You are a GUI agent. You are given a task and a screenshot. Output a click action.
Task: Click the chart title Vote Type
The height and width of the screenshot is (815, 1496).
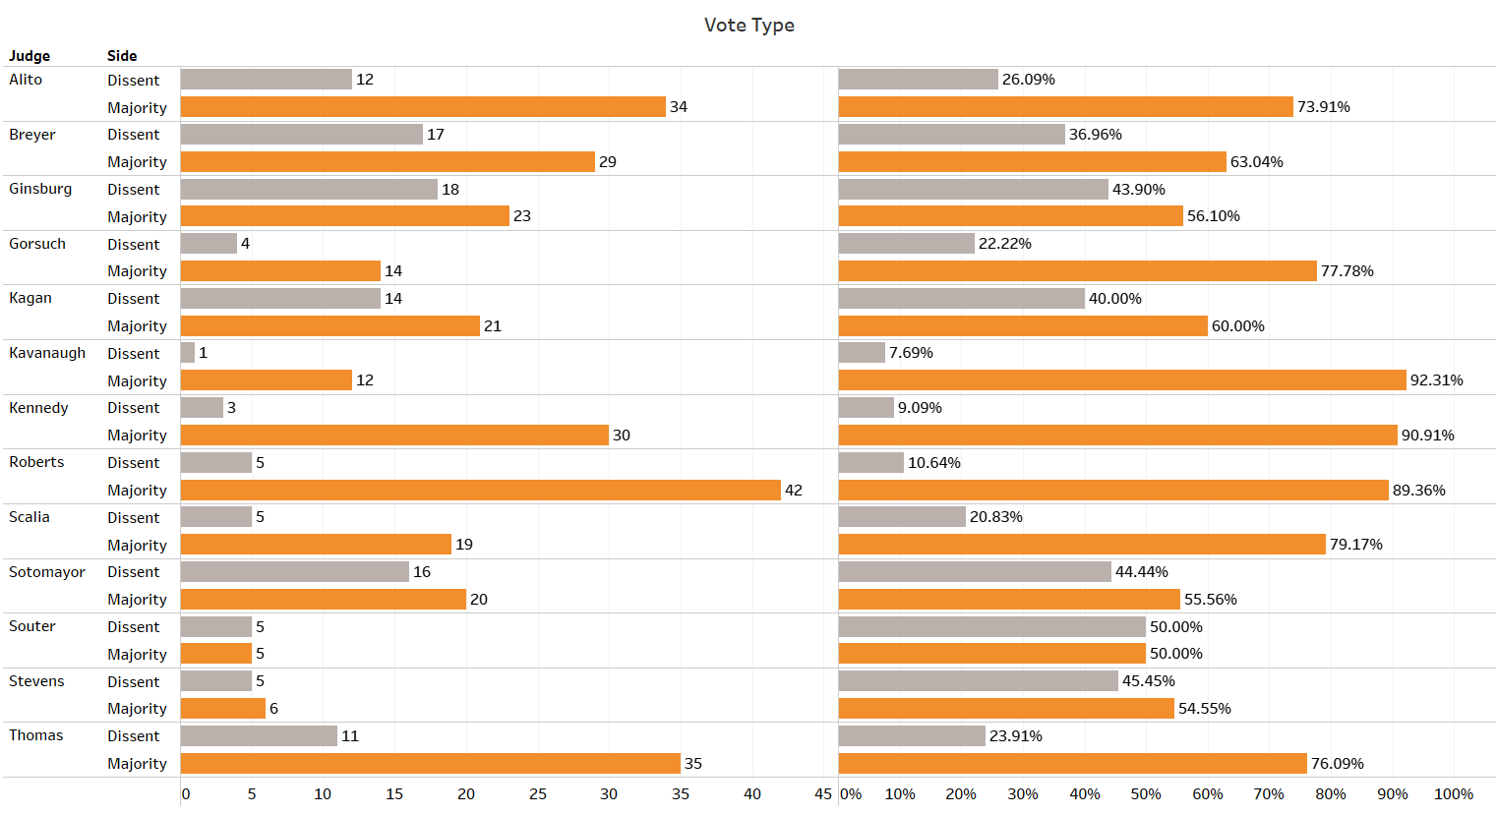click(x=748, y=26)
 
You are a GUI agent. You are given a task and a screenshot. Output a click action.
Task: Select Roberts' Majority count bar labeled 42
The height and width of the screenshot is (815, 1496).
click(x=480, y=490)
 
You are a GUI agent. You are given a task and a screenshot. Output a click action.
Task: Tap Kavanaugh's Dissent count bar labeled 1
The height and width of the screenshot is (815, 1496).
click(x=188, y=353)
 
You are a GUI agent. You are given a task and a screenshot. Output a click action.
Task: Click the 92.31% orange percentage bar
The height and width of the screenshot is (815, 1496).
click(x=1121, y=380)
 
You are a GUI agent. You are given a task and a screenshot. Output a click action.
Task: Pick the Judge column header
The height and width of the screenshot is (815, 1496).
click(x=30, y=56)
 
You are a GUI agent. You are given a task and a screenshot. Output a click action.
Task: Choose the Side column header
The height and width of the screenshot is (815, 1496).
click(x=122, y=56)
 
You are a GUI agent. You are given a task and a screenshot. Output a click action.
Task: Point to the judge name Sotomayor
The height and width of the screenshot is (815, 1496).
click(x=47, y=572)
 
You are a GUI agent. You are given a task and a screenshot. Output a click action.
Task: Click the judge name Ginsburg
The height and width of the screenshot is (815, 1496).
click(x=40, y=189)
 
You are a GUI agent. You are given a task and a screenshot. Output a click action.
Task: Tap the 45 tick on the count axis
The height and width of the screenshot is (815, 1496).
click(x=823, y=794)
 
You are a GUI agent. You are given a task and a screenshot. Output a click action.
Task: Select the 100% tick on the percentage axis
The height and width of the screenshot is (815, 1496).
click(x=1453, y=794)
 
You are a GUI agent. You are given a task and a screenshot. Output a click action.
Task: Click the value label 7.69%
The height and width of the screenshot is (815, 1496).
click(x=911, y=353)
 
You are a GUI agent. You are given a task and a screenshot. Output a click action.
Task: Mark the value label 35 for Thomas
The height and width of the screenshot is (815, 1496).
click(x=693, y=764)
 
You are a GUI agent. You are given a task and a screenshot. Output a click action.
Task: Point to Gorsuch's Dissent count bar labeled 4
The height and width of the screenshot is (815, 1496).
click(x=209, y=244)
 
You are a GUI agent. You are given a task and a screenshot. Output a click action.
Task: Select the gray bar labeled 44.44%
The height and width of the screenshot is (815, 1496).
click(x=975, y=572)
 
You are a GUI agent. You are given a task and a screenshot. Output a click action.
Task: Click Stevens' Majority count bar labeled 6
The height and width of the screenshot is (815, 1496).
click(x=223, y=709)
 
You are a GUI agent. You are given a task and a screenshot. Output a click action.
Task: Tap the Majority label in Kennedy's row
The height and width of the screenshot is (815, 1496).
click(x=137, y=436)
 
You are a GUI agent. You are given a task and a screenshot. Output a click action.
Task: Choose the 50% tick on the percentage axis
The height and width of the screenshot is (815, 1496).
click(x=1145, y=794)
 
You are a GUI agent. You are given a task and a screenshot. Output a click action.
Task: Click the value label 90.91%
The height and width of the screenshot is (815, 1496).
click(x=1427, y=436)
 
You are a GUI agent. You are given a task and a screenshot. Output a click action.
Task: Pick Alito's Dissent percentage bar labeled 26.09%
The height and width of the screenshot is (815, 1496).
click(x=919, y=80)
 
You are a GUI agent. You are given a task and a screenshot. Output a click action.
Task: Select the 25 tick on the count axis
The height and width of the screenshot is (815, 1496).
click(x=537, y=794)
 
